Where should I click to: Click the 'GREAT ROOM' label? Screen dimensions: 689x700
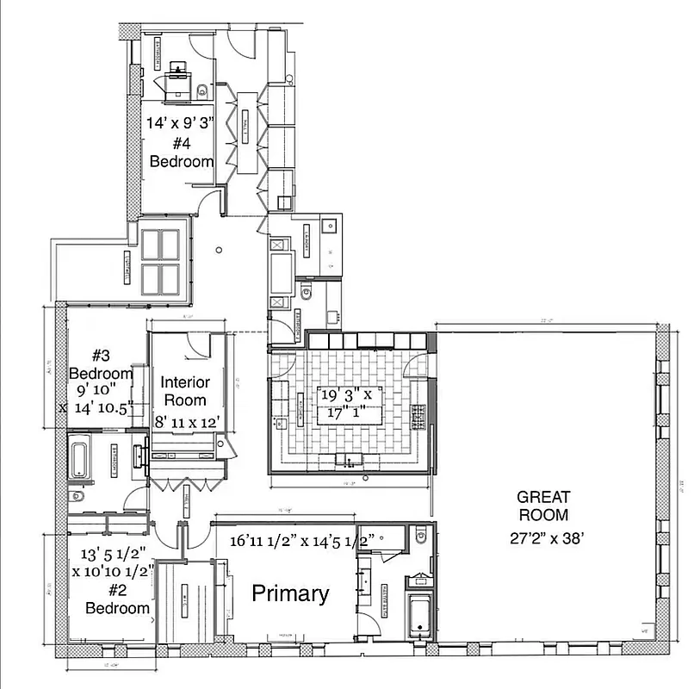tap(542, 506)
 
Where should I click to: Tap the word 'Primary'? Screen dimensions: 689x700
tap(290, 593)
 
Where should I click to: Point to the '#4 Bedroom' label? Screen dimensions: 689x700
tap(181, 152)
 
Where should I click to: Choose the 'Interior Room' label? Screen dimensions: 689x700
tap(185, 391)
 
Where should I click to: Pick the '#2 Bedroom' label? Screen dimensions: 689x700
tap(117, 599)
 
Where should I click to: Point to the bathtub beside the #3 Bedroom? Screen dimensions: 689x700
tap(77, 456)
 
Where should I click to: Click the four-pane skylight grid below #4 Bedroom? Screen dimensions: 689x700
tap(158, 262)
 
